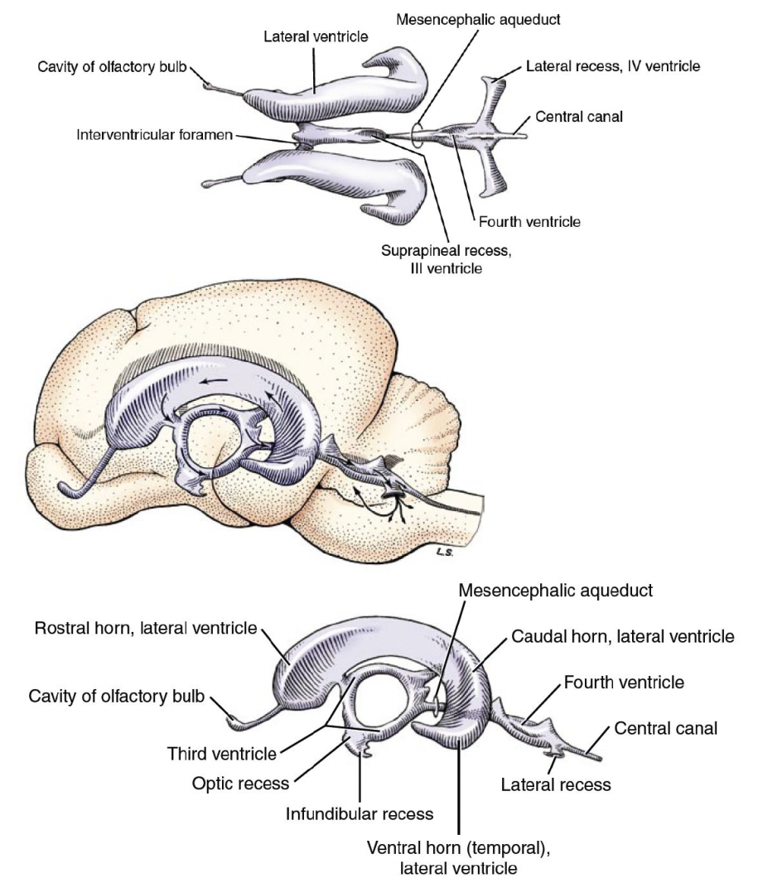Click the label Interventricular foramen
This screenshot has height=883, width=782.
point(154,134)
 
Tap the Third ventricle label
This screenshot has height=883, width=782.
point(221,754)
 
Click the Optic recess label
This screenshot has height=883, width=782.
point(240,783)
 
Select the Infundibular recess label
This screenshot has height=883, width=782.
point(360,813)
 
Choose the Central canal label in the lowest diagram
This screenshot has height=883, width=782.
point(666,728)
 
